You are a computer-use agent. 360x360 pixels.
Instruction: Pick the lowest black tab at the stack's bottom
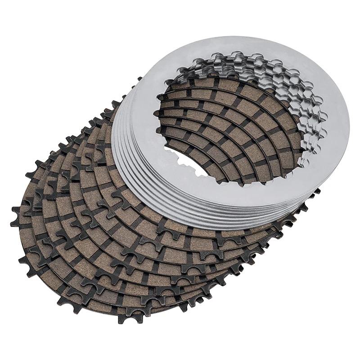[124, 318]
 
